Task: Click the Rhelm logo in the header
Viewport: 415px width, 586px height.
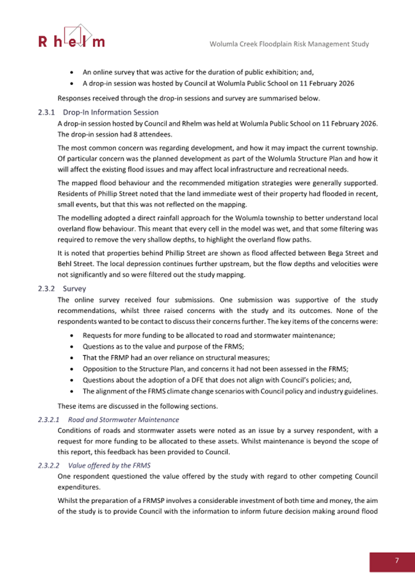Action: click(71, 37)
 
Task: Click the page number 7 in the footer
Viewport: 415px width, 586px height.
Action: click(397, 560)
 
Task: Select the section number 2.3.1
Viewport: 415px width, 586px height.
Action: click(47, 112)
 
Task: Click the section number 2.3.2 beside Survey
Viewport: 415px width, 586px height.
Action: click(47, 288)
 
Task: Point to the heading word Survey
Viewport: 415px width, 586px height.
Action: click(74, 288)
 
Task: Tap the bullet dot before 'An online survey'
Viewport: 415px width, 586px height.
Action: click(74, 73)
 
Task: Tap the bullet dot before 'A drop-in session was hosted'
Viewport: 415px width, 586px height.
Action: click(74, 84)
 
